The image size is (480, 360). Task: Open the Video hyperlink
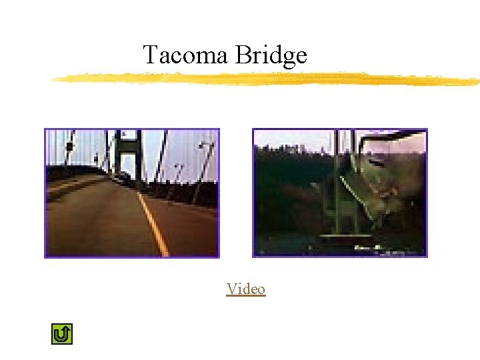coord(246,289)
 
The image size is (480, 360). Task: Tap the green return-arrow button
coord(61,334)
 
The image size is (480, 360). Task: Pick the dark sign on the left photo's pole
coord(69,146)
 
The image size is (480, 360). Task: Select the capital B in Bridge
coord(241,55)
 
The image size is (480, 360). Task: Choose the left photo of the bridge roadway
coord(131,193)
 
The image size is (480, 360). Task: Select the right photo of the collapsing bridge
coord(339,193)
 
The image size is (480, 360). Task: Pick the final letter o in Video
coord(261,289)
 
